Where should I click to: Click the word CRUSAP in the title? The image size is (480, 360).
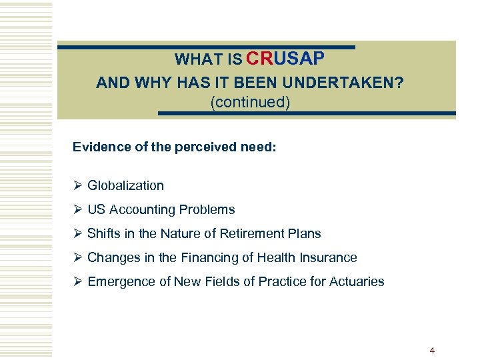point(285,59)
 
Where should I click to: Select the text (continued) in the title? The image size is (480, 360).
point(250,103)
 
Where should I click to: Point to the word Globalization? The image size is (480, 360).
point(125,185)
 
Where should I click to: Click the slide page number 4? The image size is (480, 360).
point(432,350)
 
